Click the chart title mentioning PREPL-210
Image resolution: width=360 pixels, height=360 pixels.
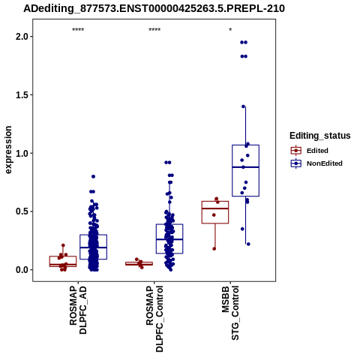click(154, 9)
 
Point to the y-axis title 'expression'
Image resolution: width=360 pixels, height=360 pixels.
click(8, 150)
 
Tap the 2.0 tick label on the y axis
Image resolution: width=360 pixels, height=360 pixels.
click(21, 37)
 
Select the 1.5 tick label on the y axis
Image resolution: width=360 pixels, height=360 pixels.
click(21, 95)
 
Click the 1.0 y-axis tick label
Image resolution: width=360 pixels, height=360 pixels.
click(21, 153)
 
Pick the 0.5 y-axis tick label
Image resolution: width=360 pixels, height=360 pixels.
click(21, 211)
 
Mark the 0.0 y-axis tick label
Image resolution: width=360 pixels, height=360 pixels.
click(21, 270)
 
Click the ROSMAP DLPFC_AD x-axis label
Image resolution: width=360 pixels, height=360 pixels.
click(78, 310)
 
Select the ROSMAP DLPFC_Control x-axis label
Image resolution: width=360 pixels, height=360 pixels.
click(154, 319)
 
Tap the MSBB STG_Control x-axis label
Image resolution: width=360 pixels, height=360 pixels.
click(231, 313)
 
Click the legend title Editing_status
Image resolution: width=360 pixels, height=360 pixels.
click(320, 136)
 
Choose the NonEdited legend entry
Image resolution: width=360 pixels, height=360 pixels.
click(316, 163)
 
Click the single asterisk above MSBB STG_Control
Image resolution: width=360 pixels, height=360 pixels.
click(230, 30)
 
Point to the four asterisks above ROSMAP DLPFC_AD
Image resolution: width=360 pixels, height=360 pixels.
click(78, 30)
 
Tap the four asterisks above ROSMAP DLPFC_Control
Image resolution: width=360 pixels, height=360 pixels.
click(154, 30)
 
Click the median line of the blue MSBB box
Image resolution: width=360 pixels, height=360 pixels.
click(245, 167)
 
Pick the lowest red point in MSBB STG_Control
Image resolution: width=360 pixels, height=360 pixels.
click(214, 249)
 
